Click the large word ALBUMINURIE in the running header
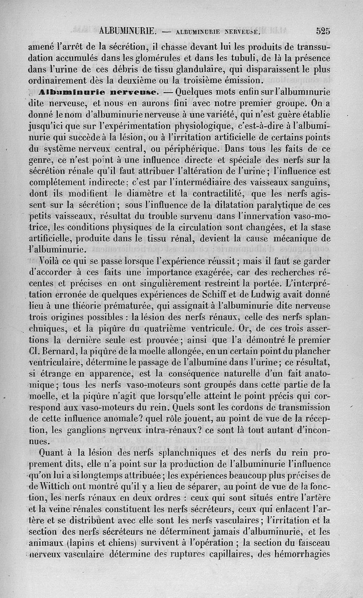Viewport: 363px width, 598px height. point(127,31)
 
